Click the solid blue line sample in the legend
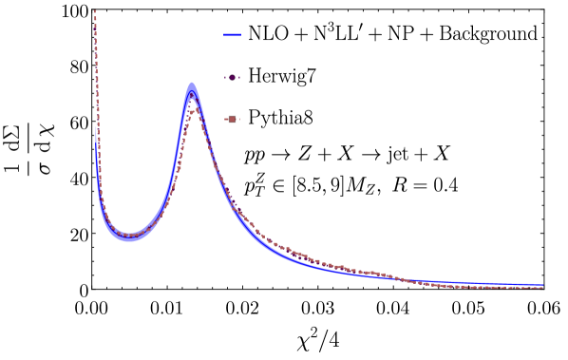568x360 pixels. [x=232, y=35]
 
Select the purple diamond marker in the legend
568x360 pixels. [x=232, y=77]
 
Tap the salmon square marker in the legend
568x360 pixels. [x=232, y=119]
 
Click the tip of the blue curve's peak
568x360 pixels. [x=192, y=84]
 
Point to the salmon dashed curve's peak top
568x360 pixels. [x=193, y=109]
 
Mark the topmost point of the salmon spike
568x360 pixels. [x=95, y=10]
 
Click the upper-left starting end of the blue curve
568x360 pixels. [x=96, y=128]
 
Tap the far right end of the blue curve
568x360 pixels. [x=542, y=285]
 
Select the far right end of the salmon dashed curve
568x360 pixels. [x=542, y=288]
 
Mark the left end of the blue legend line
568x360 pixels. [x=224, y=35]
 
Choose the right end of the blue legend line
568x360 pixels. [x=240, y=35]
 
